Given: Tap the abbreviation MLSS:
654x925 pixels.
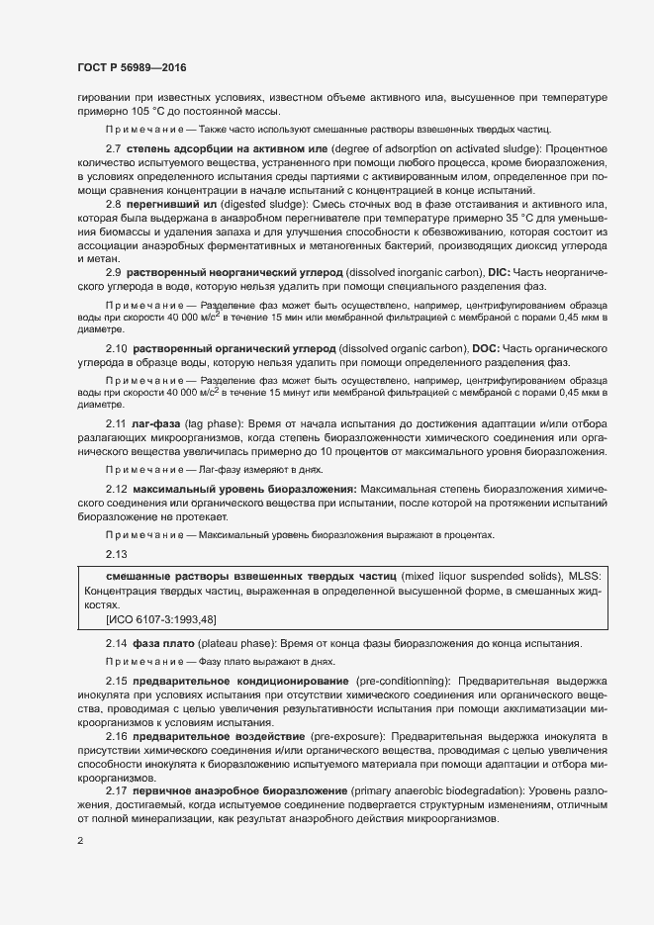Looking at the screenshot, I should tap(589, 575).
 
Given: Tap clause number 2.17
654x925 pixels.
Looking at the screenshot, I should tap(116, 792).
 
